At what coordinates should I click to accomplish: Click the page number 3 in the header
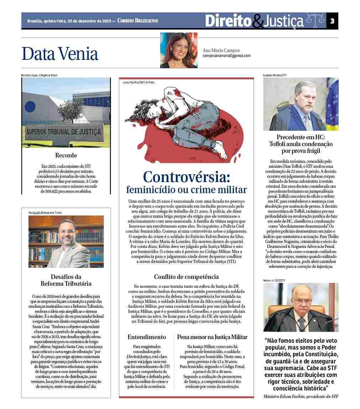[x=332, y=21]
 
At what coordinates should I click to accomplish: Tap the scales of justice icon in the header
[x=315, y=21]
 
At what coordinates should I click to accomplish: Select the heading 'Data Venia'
[x=60, y=54]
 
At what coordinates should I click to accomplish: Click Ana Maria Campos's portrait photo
[x=178, y=50]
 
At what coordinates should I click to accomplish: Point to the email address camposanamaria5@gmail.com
[x=226, y=56]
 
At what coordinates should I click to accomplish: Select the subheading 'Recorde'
[x=66, y=155]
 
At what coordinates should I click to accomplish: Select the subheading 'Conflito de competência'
[x=186, y=277]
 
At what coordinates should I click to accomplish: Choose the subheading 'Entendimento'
[x=147, y=337]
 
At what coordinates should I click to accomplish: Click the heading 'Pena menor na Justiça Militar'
[x=212, y=337]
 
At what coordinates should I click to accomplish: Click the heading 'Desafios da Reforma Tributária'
[x=66, y=280]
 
